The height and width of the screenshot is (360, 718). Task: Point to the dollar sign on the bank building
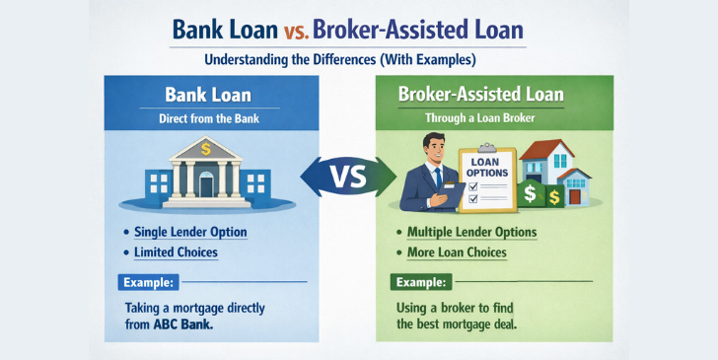[x=206, y=149]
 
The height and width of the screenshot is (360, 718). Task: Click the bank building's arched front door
[x=206, y=185]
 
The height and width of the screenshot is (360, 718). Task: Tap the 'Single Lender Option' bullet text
[x=191, y=232]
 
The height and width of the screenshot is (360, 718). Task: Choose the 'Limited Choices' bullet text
[x=177, y=252]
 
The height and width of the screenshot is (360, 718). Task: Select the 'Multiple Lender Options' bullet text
[x=471, y=232]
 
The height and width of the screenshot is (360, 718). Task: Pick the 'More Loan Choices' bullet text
[x=457, y=252]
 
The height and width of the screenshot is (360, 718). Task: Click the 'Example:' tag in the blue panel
[x=148, y=282]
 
